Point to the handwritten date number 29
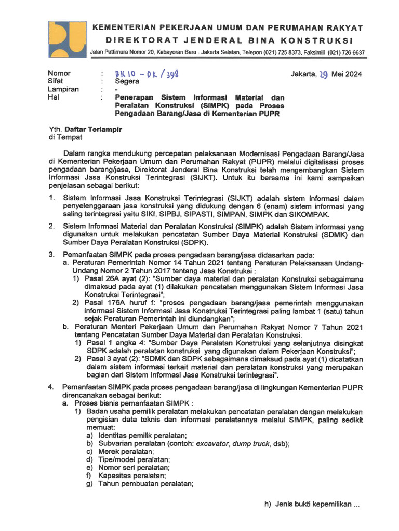[323, 74]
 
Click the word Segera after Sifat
[127, 81]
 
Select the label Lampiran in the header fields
[63, 89]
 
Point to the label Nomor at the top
[59, 73]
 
